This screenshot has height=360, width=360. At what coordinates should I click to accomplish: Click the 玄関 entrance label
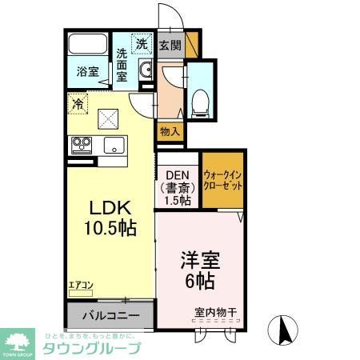point(170,46)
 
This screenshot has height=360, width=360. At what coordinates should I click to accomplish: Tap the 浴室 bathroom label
point(87,72)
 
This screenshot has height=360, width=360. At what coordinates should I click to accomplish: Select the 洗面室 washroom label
point(122,66)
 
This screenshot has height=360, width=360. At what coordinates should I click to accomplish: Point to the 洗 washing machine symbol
point(141,44)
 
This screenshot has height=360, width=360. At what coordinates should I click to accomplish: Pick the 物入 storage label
point(170,131)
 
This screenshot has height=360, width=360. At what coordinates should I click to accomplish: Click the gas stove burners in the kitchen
point(82,146)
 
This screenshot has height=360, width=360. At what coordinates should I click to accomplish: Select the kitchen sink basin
point(112,146)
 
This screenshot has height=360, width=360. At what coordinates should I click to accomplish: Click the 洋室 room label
point(198,262)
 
